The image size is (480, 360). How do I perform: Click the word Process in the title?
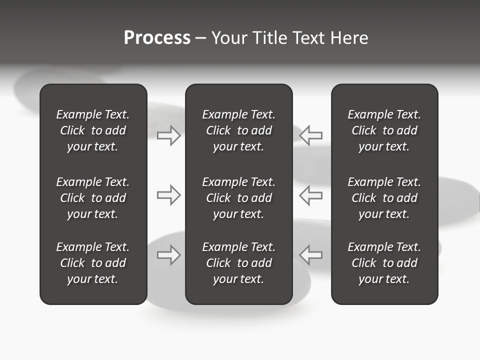(x=157, y=38)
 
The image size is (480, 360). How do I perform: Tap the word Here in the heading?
(x=349, y=38)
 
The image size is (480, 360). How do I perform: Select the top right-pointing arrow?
(x=169, y=135)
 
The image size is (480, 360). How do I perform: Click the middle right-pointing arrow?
(x=169, y=195)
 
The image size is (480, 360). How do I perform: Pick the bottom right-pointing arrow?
(x=169, y=254)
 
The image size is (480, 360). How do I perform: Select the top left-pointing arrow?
(x=311, y=135)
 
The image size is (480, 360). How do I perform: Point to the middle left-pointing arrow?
(x=311, y=195)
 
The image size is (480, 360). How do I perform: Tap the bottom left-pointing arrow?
(x=311, y=254)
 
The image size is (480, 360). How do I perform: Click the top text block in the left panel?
(x=93, y=130)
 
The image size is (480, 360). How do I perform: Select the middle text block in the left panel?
(x=93, y=198)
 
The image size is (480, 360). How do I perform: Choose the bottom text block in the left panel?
(x=93, y=263)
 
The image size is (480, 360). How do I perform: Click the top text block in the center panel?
(x=238, y=130)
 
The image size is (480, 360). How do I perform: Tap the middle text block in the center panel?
(x=238, y=198)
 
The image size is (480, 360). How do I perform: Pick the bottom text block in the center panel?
(x=238, y=263)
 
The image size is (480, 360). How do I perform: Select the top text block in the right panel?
(x=384, y=130)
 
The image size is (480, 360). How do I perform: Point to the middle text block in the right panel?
(x=384, y=198)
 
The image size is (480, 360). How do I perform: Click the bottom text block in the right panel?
(x=384, y=263)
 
